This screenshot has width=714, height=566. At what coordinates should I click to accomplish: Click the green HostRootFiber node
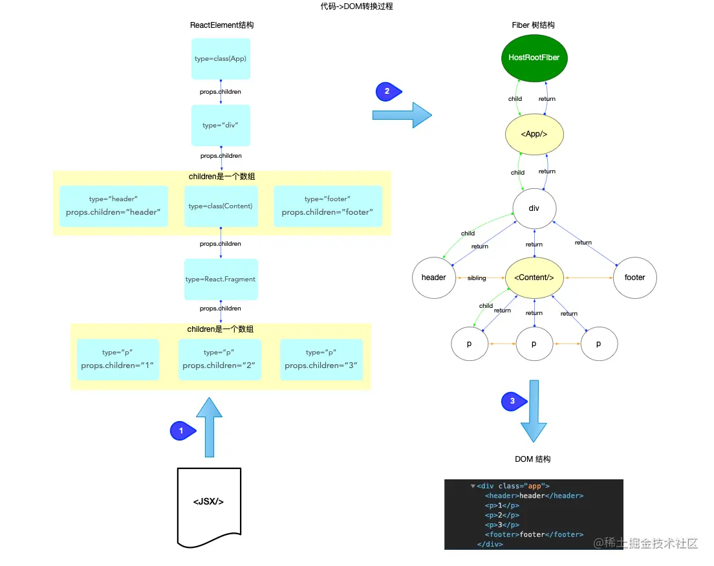[x=534, y=58]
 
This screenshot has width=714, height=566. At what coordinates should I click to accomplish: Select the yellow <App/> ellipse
[x=534, y=134]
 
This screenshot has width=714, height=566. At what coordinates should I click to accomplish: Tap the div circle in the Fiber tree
[x=534, y=208]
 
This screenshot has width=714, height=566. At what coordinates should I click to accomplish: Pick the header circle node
[x=434, y=278]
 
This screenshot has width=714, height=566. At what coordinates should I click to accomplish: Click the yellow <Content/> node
[x=534, y=278]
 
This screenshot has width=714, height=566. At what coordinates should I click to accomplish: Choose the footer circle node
[x=634, y=278]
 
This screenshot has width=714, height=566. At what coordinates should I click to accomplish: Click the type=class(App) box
[x=221, y=59]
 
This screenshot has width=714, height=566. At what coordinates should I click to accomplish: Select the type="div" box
[x=221, y=125]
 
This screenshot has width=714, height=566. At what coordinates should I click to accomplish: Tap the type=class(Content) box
[x=221, y=206]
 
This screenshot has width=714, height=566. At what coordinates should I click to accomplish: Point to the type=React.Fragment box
[x=221, y=279]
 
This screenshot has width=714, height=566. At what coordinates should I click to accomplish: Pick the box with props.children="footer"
[x=327, y=206]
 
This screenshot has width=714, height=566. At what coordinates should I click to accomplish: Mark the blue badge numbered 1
[x=182, y=431]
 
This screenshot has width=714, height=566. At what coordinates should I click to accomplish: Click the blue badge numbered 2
[x=387, y=92]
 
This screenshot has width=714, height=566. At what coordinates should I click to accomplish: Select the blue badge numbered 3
[x=513, y=402]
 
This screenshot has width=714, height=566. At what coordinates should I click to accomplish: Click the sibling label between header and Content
[x=477, y=278]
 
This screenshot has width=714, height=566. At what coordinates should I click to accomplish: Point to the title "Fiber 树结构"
[x=533, y=25]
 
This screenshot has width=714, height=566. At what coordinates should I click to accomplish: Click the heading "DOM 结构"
[x=533, y=459]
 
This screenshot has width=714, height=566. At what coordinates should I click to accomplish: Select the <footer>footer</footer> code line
[x=534, y=535]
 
